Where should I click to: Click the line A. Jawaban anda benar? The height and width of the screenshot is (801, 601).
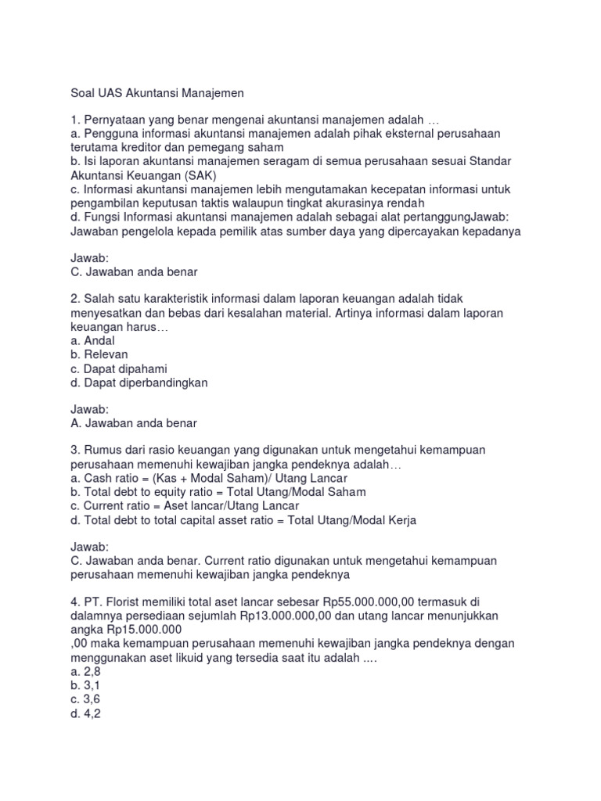134,423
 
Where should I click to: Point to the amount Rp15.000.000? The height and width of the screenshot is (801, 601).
142,629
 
